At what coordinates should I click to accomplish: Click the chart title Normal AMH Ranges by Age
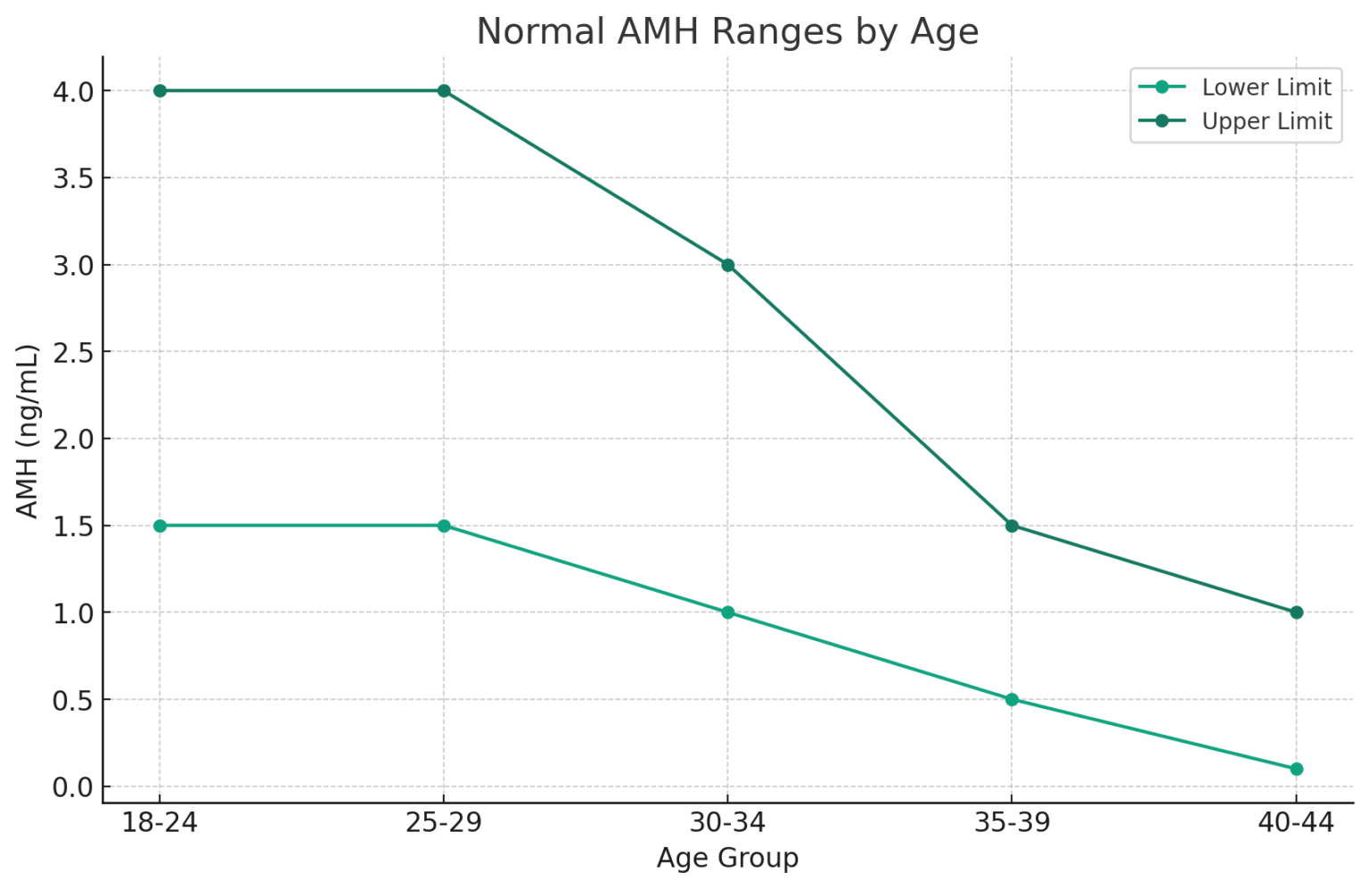point(727,32)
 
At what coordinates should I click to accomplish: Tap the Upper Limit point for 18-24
point(160,91)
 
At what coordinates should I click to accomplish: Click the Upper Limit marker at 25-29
point(444,91)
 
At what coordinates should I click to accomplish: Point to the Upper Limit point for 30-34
point(728,265)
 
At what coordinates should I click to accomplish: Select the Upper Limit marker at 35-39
point(1012,526)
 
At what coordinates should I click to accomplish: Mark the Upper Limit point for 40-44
point(1296,613)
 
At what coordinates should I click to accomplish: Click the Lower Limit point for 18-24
point(160,526)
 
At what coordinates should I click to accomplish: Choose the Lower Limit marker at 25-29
point(444,526)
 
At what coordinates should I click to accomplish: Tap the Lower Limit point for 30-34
point(728,613)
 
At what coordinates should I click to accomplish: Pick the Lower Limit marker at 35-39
point(1012,700)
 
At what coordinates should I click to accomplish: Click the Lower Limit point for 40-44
point(1296,769)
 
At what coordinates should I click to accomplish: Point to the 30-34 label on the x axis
point(728,823)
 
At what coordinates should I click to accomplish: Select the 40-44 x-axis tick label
point(1296,823)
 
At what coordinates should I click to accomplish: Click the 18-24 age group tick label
point(160,823)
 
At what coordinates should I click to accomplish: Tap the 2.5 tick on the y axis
point(74,352)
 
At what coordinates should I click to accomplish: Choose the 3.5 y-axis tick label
point(74,178)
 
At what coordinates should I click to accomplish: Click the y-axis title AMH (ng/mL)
point(28,431)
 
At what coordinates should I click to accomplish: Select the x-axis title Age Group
point(727,858)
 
